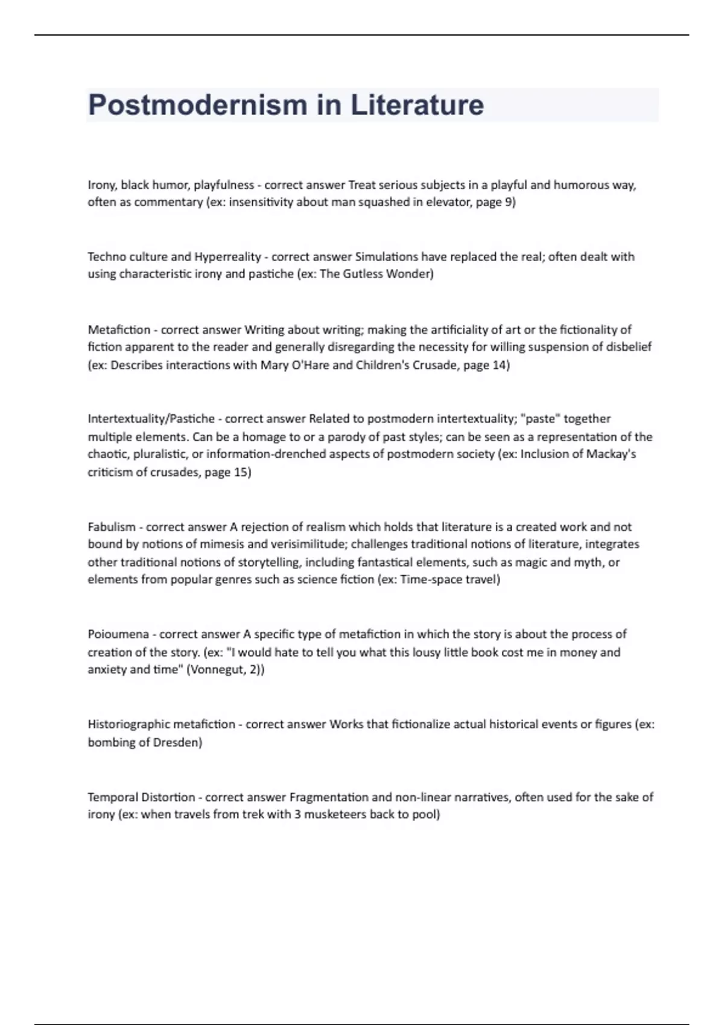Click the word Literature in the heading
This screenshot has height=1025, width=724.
(x=417, y=105)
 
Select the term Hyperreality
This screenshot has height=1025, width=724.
(x=227, y=257)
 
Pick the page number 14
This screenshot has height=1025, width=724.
(x=500, y=365)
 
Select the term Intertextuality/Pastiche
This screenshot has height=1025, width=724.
(x=151, y=419)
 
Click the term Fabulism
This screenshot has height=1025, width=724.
(x=112, y=527)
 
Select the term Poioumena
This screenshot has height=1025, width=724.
(x=118, y=634)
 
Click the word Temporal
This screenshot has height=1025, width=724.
(x=112, y=797)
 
